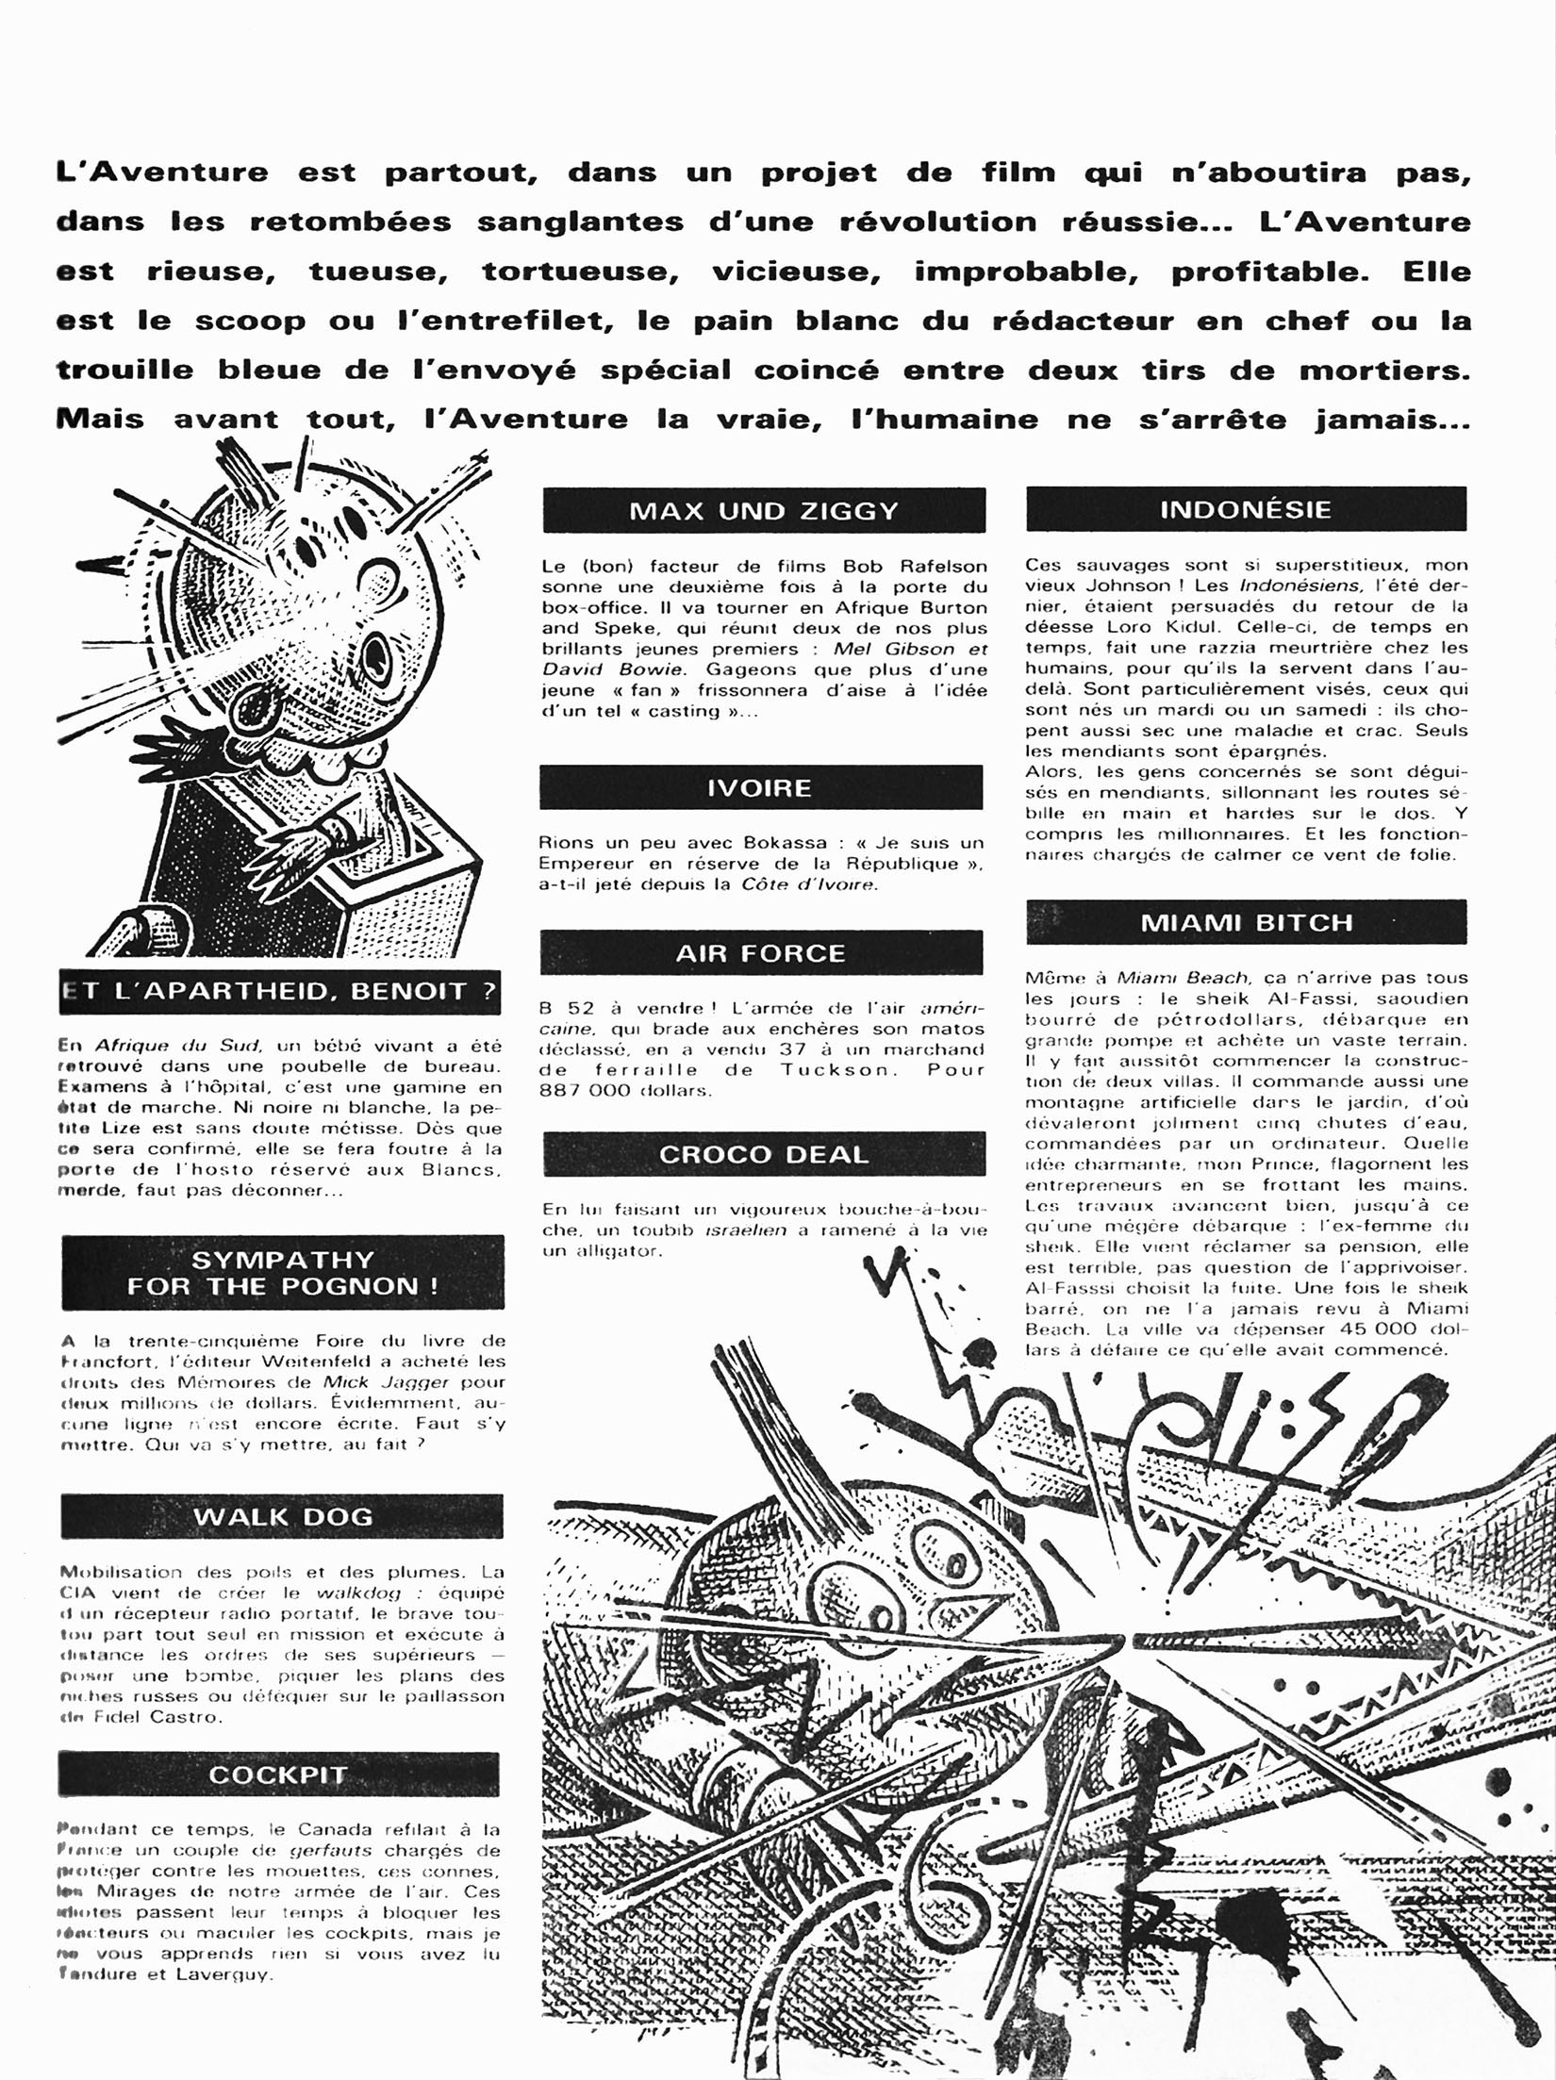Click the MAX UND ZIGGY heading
764,511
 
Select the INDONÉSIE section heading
1246,510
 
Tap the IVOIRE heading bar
760,787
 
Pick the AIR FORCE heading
760,953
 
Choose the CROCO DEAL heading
764,1154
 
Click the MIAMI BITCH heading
1247,922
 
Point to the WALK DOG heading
283,1517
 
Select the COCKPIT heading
278,1775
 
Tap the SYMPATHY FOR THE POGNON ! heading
283,1273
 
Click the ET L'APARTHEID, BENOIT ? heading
279,992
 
